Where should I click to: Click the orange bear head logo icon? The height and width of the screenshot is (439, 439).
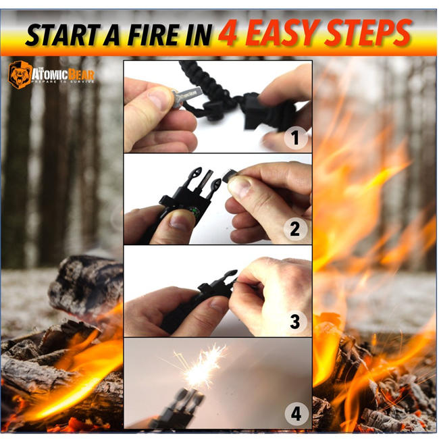[x=20, y=75]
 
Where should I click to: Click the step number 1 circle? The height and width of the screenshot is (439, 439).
[x=294, y=139]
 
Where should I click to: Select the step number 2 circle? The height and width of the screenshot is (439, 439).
[x=294, y=229]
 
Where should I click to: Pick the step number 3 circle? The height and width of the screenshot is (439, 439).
[x=294, y=321]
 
